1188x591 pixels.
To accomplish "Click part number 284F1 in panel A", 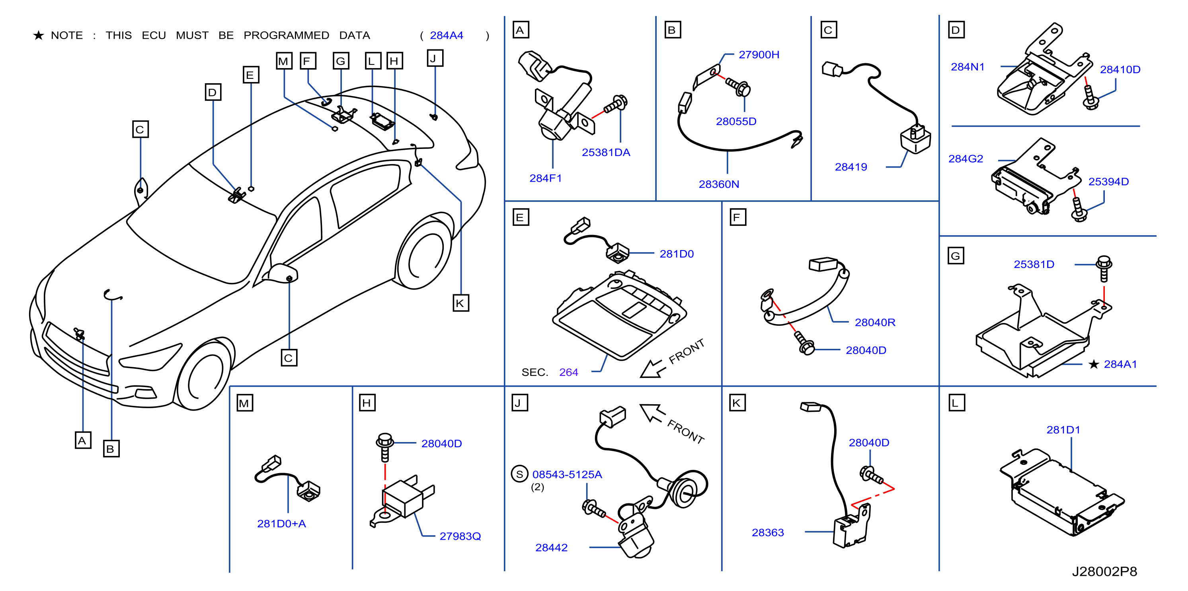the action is (x=545, y=178).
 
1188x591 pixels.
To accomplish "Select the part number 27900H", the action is (x=759, y=55).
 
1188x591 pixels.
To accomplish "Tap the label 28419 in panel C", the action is (x=851, y=167).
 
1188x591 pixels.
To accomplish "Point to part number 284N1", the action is (x=967, y=67).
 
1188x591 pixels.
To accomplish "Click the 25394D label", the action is (x=1108, y=182).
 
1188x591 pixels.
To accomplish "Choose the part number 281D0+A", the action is (x=281, y=524).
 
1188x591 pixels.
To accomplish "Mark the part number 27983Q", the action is (x=460, y=536).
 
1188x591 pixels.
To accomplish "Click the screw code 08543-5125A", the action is (x=567, y=474).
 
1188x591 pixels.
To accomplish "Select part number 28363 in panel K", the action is (x=767, y=532).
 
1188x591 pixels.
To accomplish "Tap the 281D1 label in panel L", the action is (x=1063, y=430).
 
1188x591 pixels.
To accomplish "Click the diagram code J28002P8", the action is (x=1104, y=571).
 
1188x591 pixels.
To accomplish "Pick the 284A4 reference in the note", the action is (x=446, y=35).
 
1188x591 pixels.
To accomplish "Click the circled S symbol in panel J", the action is (x=519, y=474).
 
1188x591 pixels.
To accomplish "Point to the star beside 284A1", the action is (x=1093, y=364).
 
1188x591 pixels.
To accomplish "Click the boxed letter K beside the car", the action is (x=460, y=303).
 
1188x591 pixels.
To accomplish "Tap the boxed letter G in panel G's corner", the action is (x=956, y=256).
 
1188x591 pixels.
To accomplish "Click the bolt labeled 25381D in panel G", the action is (x=1104, y=268).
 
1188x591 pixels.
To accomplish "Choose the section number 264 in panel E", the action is (x=568, y=372).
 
